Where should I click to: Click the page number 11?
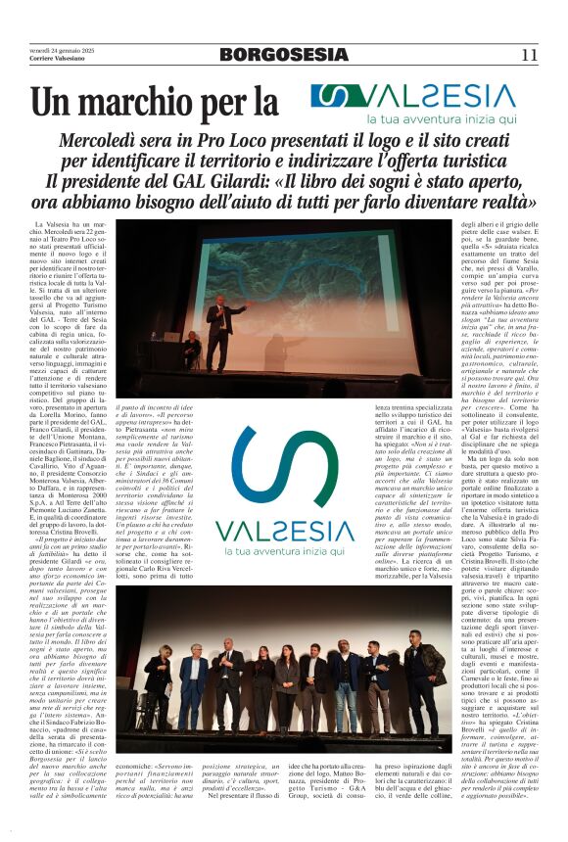click(529, 55)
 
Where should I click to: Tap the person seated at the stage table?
click(192, 349)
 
